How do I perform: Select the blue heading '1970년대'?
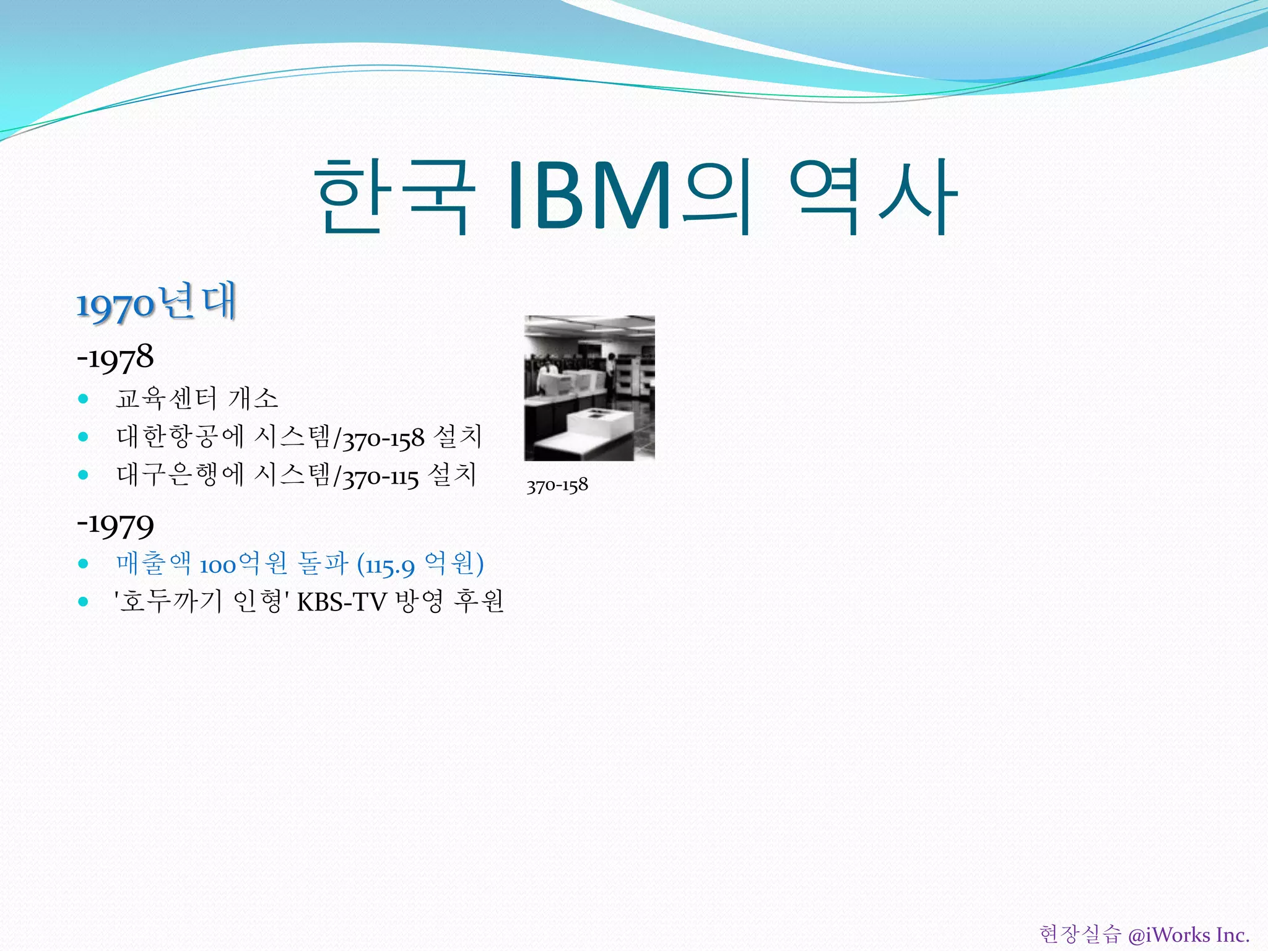coord(156,303)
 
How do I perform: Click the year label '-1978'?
coord(115,358)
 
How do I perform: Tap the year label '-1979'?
coord(115,525)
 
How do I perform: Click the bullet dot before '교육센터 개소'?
coord(84,399)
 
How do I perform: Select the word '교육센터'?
coord(166,399)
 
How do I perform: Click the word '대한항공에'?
coord(180,437)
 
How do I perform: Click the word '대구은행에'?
coord(180,475)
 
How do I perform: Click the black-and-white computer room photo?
coord(589,388)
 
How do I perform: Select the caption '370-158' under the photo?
coord(557,485)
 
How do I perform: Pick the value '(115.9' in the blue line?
coord(386,565)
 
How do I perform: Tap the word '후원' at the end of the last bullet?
coord(479,601)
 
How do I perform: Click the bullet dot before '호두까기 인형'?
coord(84,601)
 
